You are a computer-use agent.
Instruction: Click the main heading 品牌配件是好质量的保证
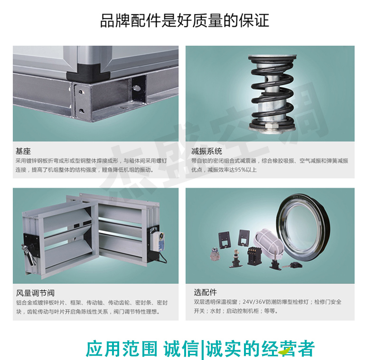(185, 20)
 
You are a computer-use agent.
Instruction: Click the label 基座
(23, 152)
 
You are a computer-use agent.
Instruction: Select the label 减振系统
(206, 152)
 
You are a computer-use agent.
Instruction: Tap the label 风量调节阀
(35, 293)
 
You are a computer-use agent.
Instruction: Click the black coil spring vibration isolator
(272, 93)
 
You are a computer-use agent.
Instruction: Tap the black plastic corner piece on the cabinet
(88, 75)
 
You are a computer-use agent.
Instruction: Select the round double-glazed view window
(303, 227)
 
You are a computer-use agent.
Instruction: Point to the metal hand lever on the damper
(28, 254)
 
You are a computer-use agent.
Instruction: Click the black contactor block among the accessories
(253, 256)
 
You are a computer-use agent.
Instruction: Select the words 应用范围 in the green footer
(122, 349)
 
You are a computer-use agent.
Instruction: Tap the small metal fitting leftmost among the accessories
(215, 254)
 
